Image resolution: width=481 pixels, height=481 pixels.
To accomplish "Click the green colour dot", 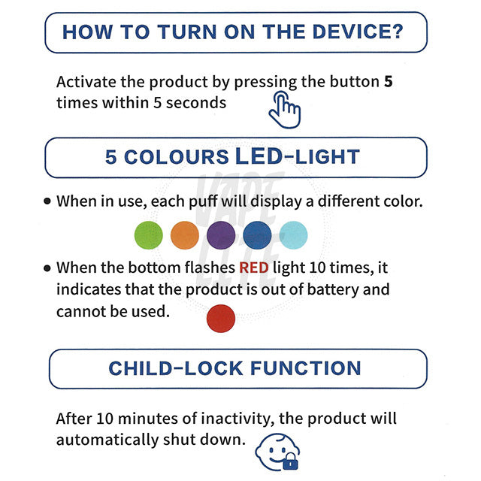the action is click(x=149, y=235).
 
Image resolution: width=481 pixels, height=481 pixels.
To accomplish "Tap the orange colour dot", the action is click(x=185, y=235).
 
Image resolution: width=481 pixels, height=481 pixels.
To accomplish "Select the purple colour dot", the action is click(x=221, y=235).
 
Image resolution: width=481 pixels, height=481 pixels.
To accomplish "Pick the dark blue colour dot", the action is click(x=257, y=235).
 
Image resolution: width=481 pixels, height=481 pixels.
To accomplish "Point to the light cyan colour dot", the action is click(x=293, y=235).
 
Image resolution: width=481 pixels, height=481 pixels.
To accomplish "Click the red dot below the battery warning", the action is click(x=221, y=319).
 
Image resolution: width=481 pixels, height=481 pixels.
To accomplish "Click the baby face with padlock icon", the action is click(x=277, y=452).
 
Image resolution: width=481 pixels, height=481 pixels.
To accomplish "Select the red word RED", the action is click(x=254, y=268).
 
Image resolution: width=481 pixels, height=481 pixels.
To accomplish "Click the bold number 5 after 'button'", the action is click(x=389, y=82).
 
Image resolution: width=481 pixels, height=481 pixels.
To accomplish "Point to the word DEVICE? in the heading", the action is click(x=358, y=32).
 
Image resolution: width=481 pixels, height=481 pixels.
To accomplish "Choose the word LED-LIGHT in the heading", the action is click(x=298, y=156).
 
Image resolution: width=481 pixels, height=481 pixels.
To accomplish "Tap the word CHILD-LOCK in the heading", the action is click(x=176, y=368).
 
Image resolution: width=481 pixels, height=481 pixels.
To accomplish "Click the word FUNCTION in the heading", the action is click(x=306, y=368).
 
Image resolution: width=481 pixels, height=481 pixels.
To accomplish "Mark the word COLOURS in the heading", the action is click(x=177, y=157).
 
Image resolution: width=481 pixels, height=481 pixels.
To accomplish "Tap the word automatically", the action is click(x=107, y=440).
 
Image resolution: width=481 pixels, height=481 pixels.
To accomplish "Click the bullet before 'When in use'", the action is click(x=47, y=201).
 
